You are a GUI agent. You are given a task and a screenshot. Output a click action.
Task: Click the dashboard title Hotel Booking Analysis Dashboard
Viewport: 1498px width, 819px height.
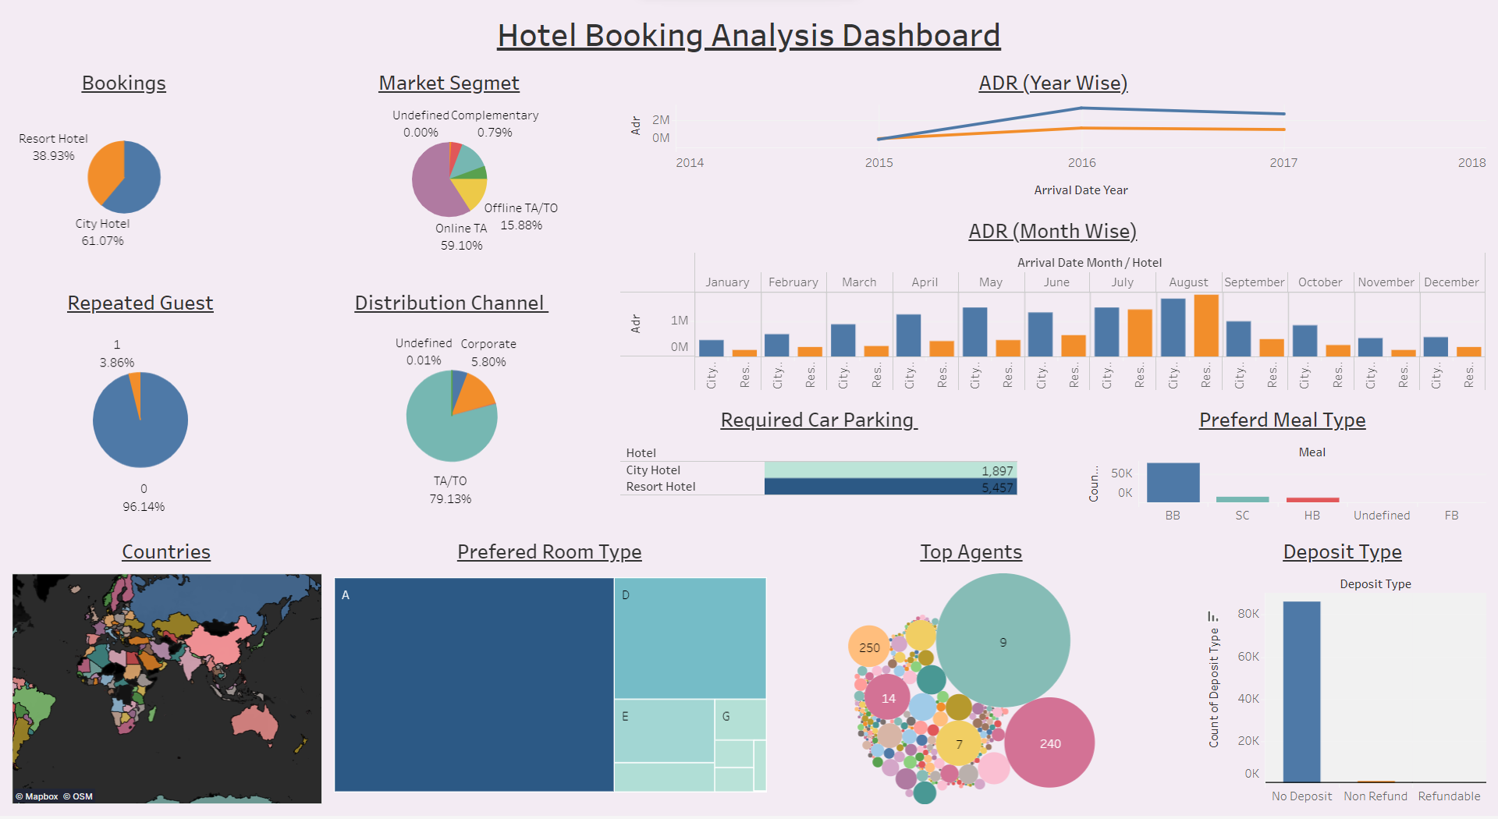[x=748, y=36]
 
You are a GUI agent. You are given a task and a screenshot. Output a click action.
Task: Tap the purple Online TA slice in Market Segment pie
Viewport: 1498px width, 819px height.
[x=434, y=184]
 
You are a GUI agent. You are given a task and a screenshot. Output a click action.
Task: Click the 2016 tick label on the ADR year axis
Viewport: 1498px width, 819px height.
[x=1081, y=162]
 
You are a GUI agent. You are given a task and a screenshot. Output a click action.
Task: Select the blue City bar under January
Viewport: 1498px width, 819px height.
[x=711, y=348]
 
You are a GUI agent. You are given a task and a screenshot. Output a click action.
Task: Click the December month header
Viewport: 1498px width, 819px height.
[x=1451, y=282]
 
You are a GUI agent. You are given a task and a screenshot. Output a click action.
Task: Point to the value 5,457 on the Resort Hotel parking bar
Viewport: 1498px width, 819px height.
[x=996, y=487]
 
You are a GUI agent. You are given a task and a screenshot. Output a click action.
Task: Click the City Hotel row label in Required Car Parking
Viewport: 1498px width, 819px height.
[x=653, y=470]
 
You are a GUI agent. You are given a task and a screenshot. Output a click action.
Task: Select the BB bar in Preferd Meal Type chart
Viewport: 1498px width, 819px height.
[x=1173, y=483]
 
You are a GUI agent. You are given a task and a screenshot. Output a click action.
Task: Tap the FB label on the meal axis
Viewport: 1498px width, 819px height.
[x=1451, y=515]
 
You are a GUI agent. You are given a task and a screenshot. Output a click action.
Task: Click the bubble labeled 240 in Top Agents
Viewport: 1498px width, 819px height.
[x=1049, y=743]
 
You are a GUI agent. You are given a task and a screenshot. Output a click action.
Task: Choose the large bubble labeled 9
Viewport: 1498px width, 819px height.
[x=1003, y=641]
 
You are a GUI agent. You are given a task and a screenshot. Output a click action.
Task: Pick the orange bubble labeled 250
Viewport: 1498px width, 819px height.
[x=869, y=647]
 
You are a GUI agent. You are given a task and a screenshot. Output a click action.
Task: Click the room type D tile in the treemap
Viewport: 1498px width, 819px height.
[x=690, y=638]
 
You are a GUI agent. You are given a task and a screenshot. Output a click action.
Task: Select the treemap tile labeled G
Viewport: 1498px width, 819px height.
[x=740, y=718]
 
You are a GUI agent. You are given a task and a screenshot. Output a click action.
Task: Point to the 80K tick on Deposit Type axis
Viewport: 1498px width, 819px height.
[x=1248, y=613]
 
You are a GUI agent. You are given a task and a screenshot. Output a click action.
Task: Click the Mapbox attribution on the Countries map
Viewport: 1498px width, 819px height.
[x=37, y=796]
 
